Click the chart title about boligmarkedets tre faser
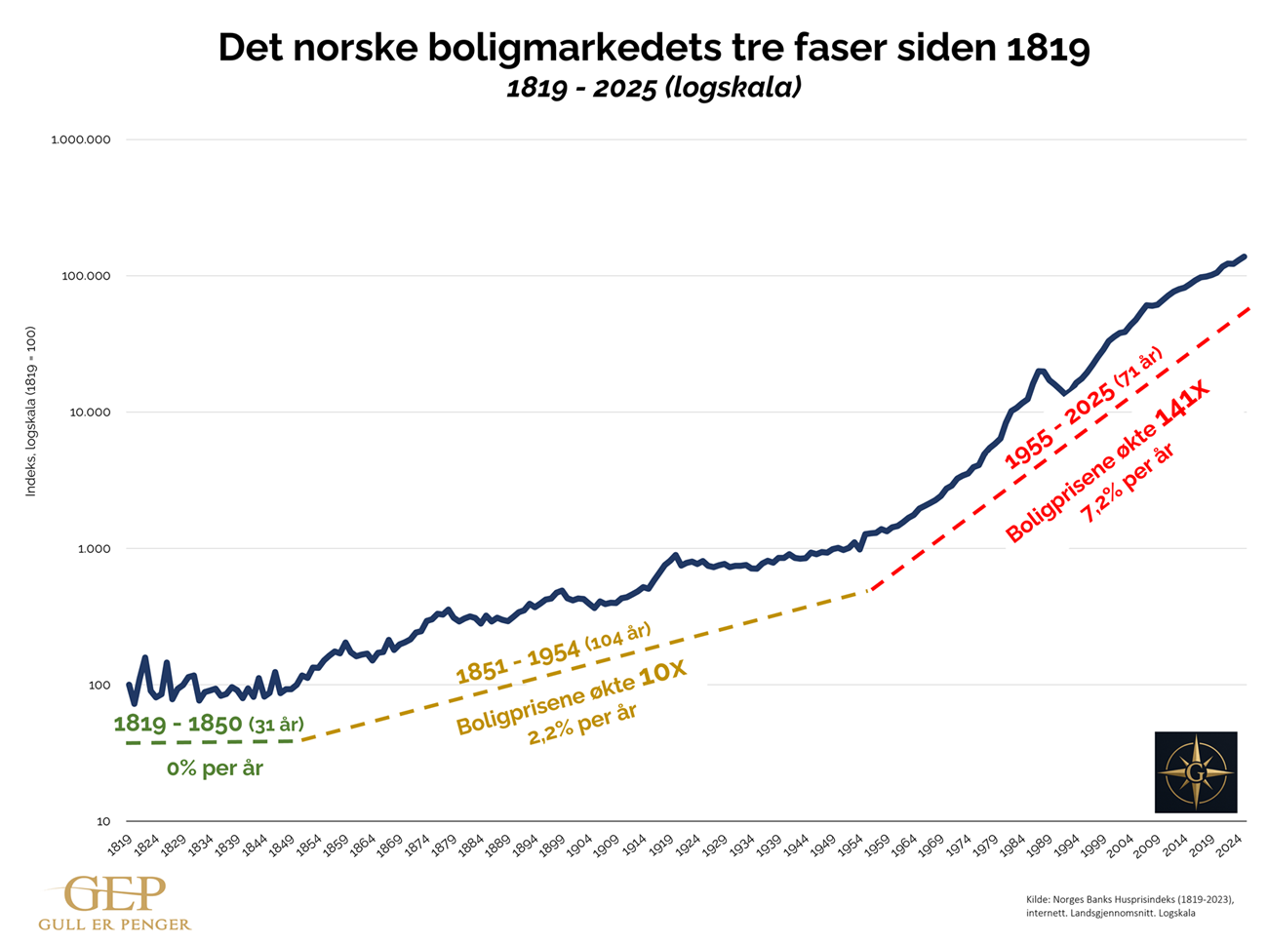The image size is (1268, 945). (654, 48)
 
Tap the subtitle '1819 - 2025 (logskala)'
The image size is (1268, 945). (654, 88)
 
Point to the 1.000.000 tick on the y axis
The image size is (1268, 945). (81, 139)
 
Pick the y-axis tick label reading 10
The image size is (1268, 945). (102, 821)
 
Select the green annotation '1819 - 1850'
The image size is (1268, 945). (178, 724)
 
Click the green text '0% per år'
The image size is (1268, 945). (215, 768)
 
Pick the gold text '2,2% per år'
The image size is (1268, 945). (582, 724)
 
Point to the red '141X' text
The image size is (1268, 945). (1182, 407)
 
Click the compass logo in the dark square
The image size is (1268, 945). (1195, 771)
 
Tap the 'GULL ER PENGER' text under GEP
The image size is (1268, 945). (114, 924)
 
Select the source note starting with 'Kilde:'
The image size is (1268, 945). (1129, 906)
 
